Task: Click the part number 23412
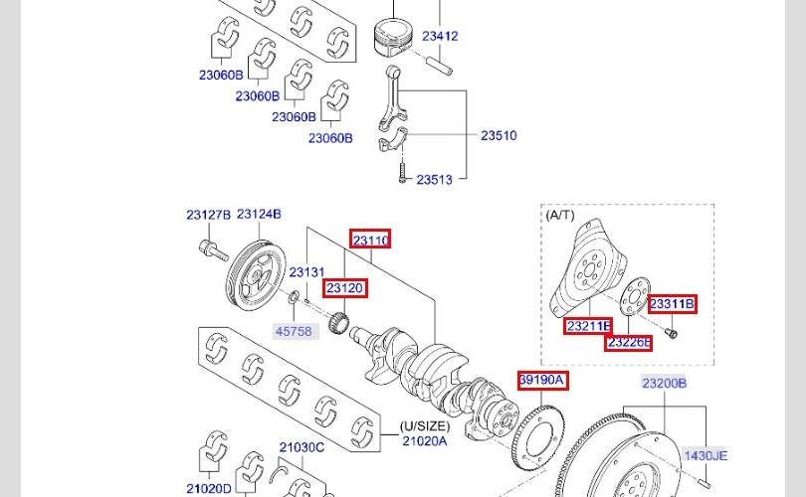(x=440, y=36)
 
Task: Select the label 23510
(x=499, y=135)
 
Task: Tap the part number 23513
(x=435, y=180)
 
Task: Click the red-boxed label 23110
(x=370, y=239)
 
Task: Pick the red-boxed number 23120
(x=345, y=288)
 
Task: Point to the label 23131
(x=306, y=272)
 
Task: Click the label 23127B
(x=209, y=215)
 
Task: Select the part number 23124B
(x=259, y=214)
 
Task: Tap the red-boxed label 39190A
(x=543, y=380)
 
